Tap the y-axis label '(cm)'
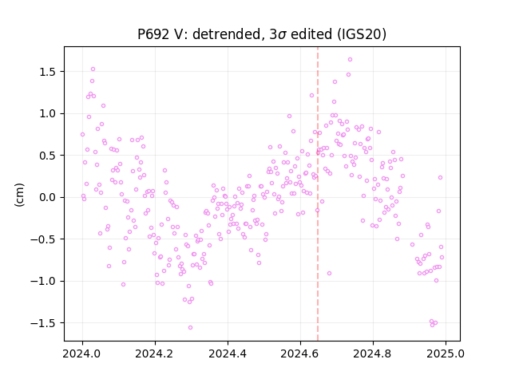click(19, 195)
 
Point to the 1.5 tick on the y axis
click(48, 72)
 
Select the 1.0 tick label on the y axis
click(48, 113)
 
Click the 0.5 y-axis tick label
click(48, 156)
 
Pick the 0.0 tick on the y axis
click(48, 197)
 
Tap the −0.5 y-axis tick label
click(44, 239)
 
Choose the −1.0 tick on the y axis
click(44, 281)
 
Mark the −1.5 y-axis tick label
click(44, 323)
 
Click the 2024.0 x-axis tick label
click(82, 353)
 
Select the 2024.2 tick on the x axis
click(155, 353)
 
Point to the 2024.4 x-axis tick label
click(228, 353)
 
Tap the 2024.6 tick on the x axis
click(300, 353)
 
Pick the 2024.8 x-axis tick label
click(373, 353)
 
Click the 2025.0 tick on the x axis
click(446, 353)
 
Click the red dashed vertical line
click(318, 194)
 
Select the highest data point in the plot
click(350, 60)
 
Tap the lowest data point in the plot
click(190, 328)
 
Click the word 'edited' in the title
click(311, 34)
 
